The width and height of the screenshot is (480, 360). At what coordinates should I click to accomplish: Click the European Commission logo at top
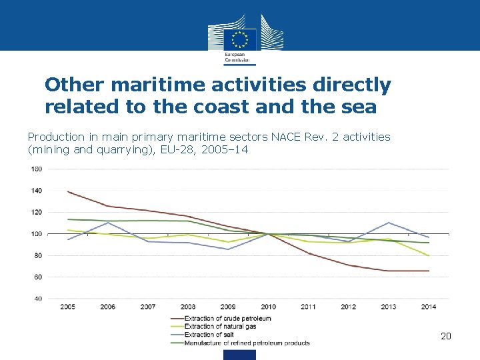tap(240, 39)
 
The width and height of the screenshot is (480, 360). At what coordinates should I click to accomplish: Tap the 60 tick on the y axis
tap(37, 277)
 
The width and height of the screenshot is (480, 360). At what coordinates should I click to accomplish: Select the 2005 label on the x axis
tap(67, 307)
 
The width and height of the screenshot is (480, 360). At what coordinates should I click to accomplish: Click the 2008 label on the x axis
tap(188, 307)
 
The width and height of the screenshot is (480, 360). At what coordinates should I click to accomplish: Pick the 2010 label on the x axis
tap(268, 307)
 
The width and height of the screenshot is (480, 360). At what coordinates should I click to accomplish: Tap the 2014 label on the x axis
tap(429, 307)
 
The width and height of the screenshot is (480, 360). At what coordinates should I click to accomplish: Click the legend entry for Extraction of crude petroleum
tap(227, 319)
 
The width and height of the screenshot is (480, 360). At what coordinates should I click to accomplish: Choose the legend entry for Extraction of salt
tap(209, 335)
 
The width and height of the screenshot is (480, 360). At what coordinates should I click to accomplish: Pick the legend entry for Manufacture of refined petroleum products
tap(247, 343)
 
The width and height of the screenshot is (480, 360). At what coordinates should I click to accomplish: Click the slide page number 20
tap(446, 337)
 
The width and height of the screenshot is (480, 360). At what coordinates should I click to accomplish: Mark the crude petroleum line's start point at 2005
tap(68, 191)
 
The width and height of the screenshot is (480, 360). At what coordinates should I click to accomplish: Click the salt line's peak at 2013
tap(389, 223)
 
